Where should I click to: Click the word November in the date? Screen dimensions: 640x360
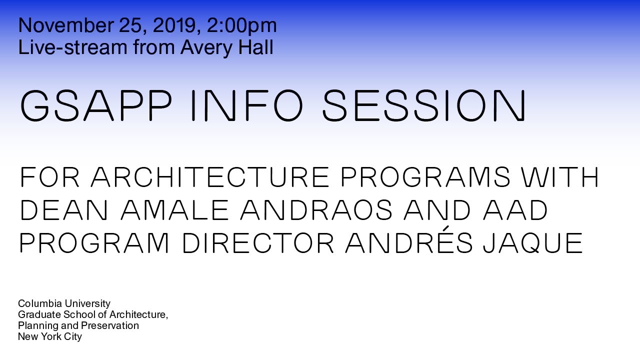66,25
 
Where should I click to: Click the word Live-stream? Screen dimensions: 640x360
73,47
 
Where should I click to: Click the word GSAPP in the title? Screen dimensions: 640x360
96,105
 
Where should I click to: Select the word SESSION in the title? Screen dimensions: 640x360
424,105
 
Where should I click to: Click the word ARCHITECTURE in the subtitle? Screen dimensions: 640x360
210,177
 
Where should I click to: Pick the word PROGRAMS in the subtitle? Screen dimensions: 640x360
425,177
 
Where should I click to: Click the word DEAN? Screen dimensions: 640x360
64,210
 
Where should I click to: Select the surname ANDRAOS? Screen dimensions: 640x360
316,210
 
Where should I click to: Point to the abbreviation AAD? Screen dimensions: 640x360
515,210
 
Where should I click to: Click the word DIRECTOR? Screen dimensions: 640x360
258,243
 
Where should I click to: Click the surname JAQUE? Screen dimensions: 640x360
533,243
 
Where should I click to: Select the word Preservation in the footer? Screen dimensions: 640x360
109,325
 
